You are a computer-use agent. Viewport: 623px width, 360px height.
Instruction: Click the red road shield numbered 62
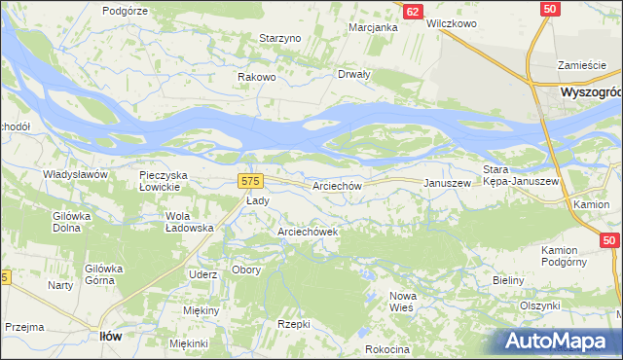(x=414, y=12)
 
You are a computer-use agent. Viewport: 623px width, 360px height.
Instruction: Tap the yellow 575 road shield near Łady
(x=250, y=181)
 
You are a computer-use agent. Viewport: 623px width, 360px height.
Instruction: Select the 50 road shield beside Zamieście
(x=551, y=9)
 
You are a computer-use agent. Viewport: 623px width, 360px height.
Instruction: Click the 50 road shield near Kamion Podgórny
(x=609, y=239)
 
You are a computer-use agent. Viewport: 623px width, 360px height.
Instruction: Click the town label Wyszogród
(x=591, y=91)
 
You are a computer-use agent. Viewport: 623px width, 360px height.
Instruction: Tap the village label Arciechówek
(x=308, y=233)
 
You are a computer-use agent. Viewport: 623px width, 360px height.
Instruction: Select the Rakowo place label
(x=258, y=77)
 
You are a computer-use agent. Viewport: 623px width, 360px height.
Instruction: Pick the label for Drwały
(x=353, y=75)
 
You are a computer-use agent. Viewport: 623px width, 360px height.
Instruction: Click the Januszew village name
(x=447, y=183)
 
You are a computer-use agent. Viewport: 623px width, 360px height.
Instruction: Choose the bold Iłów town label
(x=111, y=336)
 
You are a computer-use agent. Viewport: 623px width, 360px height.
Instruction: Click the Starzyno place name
(x=281, y=38)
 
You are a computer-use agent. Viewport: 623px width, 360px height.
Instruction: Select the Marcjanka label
(x=374, y=27)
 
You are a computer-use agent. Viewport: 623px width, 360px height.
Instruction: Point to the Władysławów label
(x=74, y=173)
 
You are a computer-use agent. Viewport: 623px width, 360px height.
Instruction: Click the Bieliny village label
(x=508, y=280)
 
